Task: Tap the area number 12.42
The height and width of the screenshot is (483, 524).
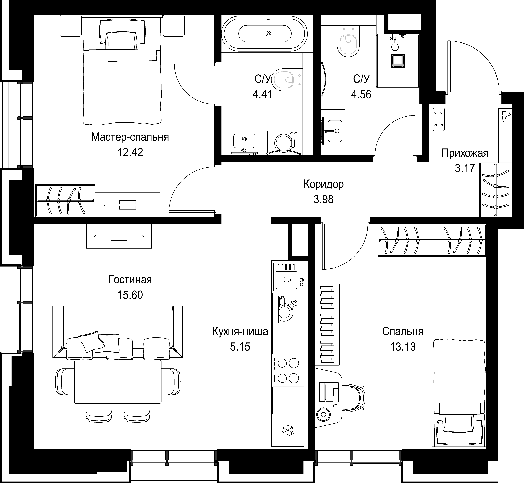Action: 130,152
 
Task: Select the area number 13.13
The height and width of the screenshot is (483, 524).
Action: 403,347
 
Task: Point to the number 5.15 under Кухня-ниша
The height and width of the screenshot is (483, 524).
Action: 240,347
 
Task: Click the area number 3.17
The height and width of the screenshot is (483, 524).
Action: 465,168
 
